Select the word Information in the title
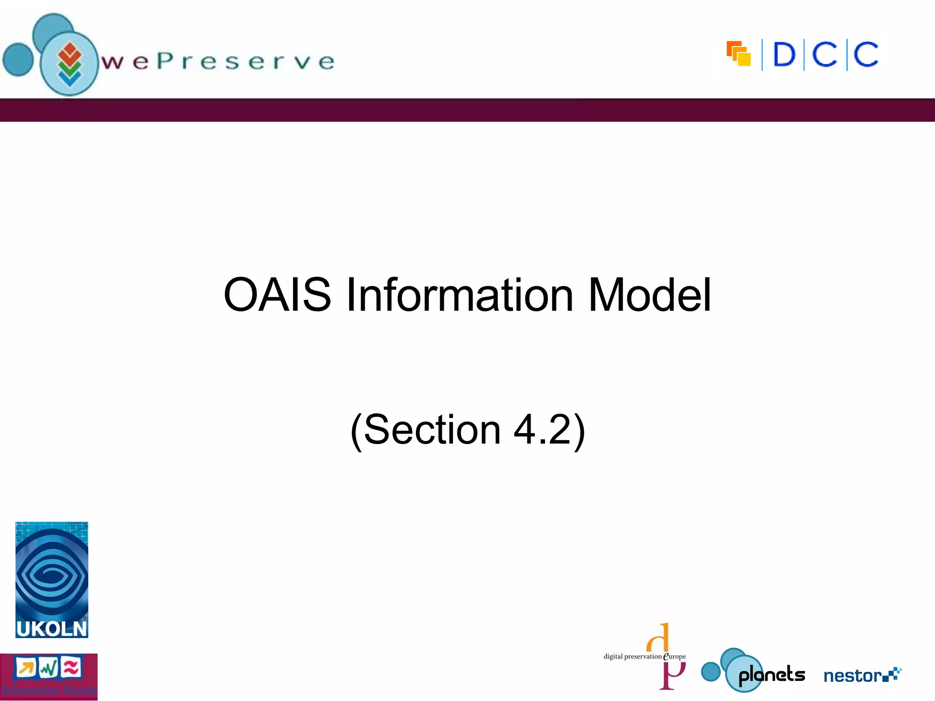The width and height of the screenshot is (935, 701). pyautogui.click(x=459, y=295)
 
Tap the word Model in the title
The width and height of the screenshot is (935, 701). pyautogui.click(x=649, y=295)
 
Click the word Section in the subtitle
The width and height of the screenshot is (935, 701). pyautogui.click(x=432, y=429)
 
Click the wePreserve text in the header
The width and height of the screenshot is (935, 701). pyautogui.click(x=218, y=62)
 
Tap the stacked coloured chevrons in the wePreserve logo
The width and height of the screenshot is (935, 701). pyautogui.click(x=69, y=64)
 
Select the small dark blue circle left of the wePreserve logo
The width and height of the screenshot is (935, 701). pyautogui.click(x=18, y=59)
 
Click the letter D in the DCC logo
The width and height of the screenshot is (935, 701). pyautogui.click(x=784, y=55)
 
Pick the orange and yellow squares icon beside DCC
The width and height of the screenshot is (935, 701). pyautogui.click(x=739, y=53)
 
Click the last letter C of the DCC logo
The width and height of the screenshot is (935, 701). pyautogui.click(x=866, y=55)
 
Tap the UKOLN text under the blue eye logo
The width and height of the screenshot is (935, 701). pyautogui.click(x=52, y=629)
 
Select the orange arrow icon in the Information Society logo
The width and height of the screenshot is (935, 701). pyautogui.click(x=26, y=668)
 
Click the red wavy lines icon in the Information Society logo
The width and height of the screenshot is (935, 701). pyautogui.click(x=71, y=668)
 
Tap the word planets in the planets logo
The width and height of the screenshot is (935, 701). pyautogui.click(x=772, y=675)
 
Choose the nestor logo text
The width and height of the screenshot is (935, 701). pyautogui.click(x=852, y=675)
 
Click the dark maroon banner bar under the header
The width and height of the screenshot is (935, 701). pyautogui.click(x=467, y=110)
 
